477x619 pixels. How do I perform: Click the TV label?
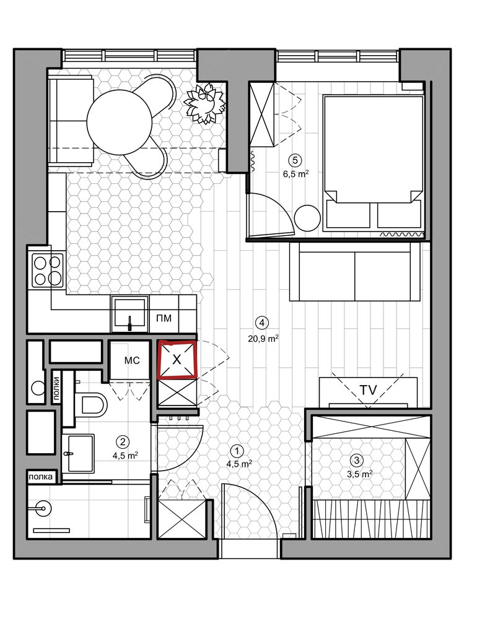(x=369, y=390)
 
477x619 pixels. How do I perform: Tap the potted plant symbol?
(x=205, y=104)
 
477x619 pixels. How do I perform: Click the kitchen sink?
(x=129, y=314)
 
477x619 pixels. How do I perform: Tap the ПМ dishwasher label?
(x=164, y=318)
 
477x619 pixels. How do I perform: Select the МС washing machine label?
(x=132, y=360)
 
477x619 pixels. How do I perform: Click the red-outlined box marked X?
(x=177, y=360)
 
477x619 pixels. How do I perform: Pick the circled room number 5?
(x=295, y=160)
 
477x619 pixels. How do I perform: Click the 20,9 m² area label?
(x=264, y=339)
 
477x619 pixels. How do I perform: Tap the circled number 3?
(x=357, y=460)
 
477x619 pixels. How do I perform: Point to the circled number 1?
(x=237, y=451)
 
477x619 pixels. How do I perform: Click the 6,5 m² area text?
(x=295, y=175)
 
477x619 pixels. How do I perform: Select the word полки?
(x=56, y=389)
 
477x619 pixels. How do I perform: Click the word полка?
(x=40, y=477)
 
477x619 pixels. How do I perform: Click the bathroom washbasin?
(x=81, y=454)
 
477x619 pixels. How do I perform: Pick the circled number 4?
(x=261, y=322)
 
